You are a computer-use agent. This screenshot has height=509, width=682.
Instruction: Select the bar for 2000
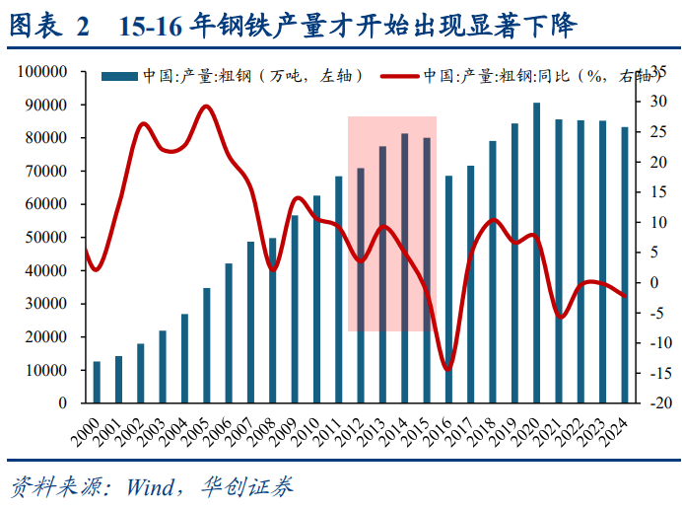[97, 382]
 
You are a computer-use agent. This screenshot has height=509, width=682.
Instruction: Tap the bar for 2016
[448, 289]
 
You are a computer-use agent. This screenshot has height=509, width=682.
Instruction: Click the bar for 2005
[207, 345]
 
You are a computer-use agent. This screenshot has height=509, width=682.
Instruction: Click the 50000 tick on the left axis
[43, 238]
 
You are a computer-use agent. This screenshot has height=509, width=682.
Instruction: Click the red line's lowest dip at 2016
[448, 370]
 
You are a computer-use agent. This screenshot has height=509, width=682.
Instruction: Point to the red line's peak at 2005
[206, 107]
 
